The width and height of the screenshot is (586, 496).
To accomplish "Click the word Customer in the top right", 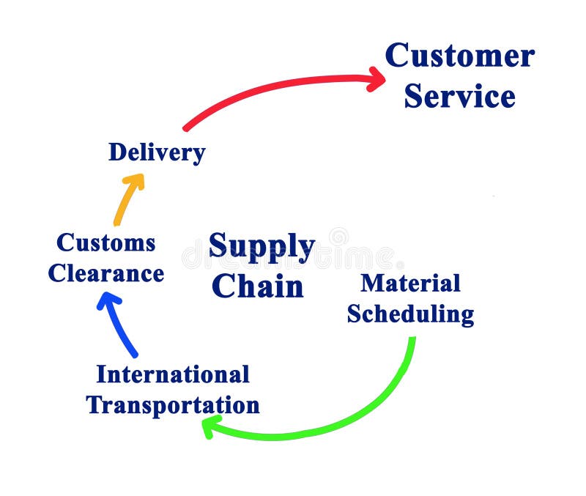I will click(x=459, y=56).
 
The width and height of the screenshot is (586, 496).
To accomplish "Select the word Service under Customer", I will click(x=459, y=96).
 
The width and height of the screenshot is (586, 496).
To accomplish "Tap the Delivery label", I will click(x=157, y=152).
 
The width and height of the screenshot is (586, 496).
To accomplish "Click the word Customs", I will click(x=106, y=243).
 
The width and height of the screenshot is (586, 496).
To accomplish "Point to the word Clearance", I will click(x=106, y=274).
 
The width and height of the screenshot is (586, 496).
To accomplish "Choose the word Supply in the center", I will click(x=262, y=246).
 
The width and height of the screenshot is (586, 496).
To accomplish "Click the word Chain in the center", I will click(x=257, y=286).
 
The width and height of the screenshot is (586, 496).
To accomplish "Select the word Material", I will click(x=410, y=283).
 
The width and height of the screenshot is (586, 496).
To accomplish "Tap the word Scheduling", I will click(x=410, y=314).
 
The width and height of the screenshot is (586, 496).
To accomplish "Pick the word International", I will click(x=173, y=374).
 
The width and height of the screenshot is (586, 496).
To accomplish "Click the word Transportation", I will click(x=173, y=405).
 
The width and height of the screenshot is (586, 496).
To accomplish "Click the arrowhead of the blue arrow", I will click(x=107, y=301).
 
